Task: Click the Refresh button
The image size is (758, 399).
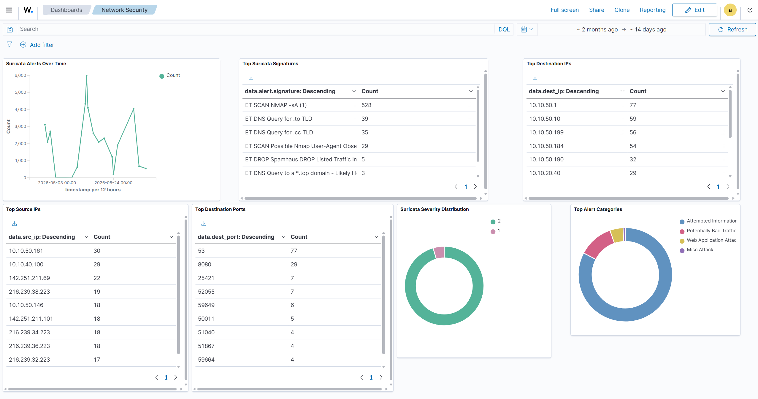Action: click(732, 29)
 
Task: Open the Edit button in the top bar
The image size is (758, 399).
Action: click(694, 10)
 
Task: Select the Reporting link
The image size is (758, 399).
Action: click(653, 10)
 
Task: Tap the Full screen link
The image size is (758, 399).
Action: click(564, 10)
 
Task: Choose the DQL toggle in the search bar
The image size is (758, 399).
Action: click(504, 29)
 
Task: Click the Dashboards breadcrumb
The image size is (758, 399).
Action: click(66, 10)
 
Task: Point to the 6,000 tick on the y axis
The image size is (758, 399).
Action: click(20, 75)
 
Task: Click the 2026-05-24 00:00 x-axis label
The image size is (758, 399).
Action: click(113, 183)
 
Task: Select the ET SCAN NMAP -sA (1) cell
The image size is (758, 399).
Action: click(276, 105)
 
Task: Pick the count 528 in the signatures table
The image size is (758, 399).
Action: click(366, 105)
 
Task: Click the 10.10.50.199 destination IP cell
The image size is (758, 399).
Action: click(546, 132)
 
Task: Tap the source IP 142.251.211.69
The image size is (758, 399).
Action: click(29, 278)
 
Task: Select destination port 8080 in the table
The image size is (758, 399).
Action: click(204, 264)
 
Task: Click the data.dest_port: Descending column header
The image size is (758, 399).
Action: click(236, 237)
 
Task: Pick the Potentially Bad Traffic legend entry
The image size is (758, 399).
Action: click(708, 231)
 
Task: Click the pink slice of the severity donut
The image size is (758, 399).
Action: click(439, 252)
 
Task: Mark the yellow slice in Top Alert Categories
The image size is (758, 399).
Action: click(617, 235)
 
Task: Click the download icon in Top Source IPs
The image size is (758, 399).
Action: click(14, 223)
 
